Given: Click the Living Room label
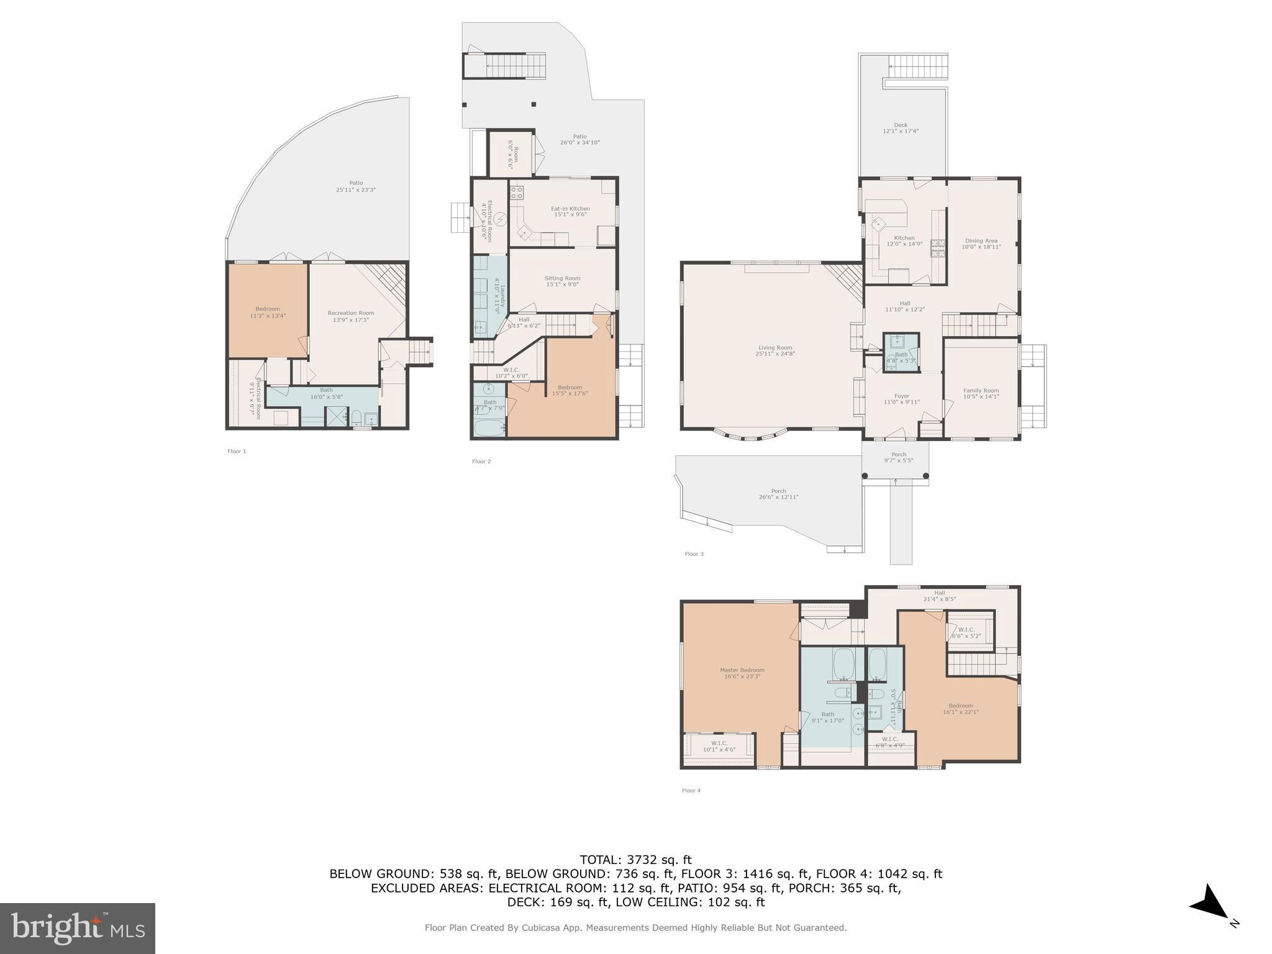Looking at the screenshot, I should [775, 350].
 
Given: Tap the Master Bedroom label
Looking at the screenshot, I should [742, 673].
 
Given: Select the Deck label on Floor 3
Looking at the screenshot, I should [900, 128].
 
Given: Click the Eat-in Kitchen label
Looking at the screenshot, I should [570, 211].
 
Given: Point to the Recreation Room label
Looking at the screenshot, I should [351, 316].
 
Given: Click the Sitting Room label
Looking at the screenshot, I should [562, 281].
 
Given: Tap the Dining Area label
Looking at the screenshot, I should [981, 243].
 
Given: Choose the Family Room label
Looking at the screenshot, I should [981, 393].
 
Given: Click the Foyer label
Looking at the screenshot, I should [901, 399].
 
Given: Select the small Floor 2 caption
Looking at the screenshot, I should [481, 461].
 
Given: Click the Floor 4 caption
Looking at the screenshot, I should [691, 791].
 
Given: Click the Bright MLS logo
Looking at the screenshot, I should [77, 928].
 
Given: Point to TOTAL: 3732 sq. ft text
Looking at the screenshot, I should [635, 860].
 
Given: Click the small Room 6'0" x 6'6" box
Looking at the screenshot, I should [511, 153].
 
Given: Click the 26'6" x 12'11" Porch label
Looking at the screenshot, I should [778, 494].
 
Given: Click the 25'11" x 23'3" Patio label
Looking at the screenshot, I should [355, 186].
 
